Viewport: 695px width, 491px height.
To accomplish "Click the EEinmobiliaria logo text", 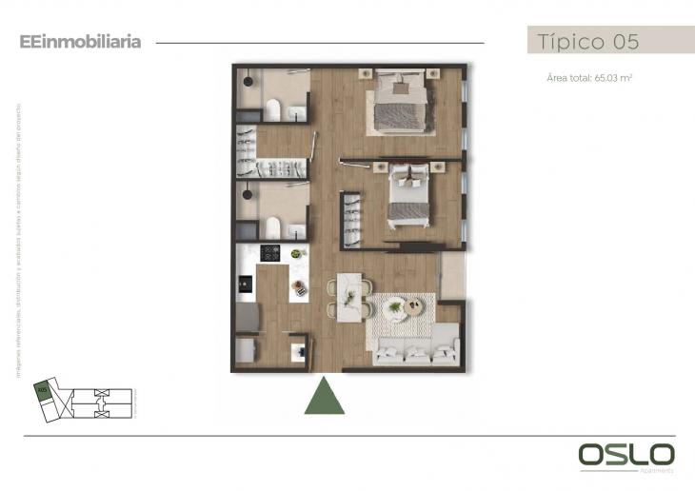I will (80, 42).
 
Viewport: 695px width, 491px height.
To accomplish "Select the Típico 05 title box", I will (609, 41).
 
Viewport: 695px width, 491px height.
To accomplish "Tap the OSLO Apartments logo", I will (626, 456).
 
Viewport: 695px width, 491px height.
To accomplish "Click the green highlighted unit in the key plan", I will (42, 389).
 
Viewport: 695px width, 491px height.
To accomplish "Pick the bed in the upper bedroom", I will (398, 103).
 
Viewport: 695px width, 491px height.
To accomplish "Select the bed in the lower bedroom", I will (412, 195).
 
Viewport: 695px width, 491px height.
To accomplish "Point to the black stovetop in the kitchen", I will (270, 253).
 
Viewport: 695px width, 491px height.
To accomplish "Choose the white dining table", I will (349, 297).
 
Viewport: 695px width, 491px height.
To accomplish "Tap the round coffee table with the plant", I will (414, 307).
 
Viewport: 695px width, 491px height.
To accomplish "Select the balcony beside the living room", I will (452, 275).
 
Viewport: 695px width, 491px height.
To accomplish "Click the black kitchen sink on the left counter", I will (246, 283).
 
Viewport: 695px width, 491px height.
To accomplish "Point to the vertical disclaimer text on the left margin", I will (17, 239).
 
